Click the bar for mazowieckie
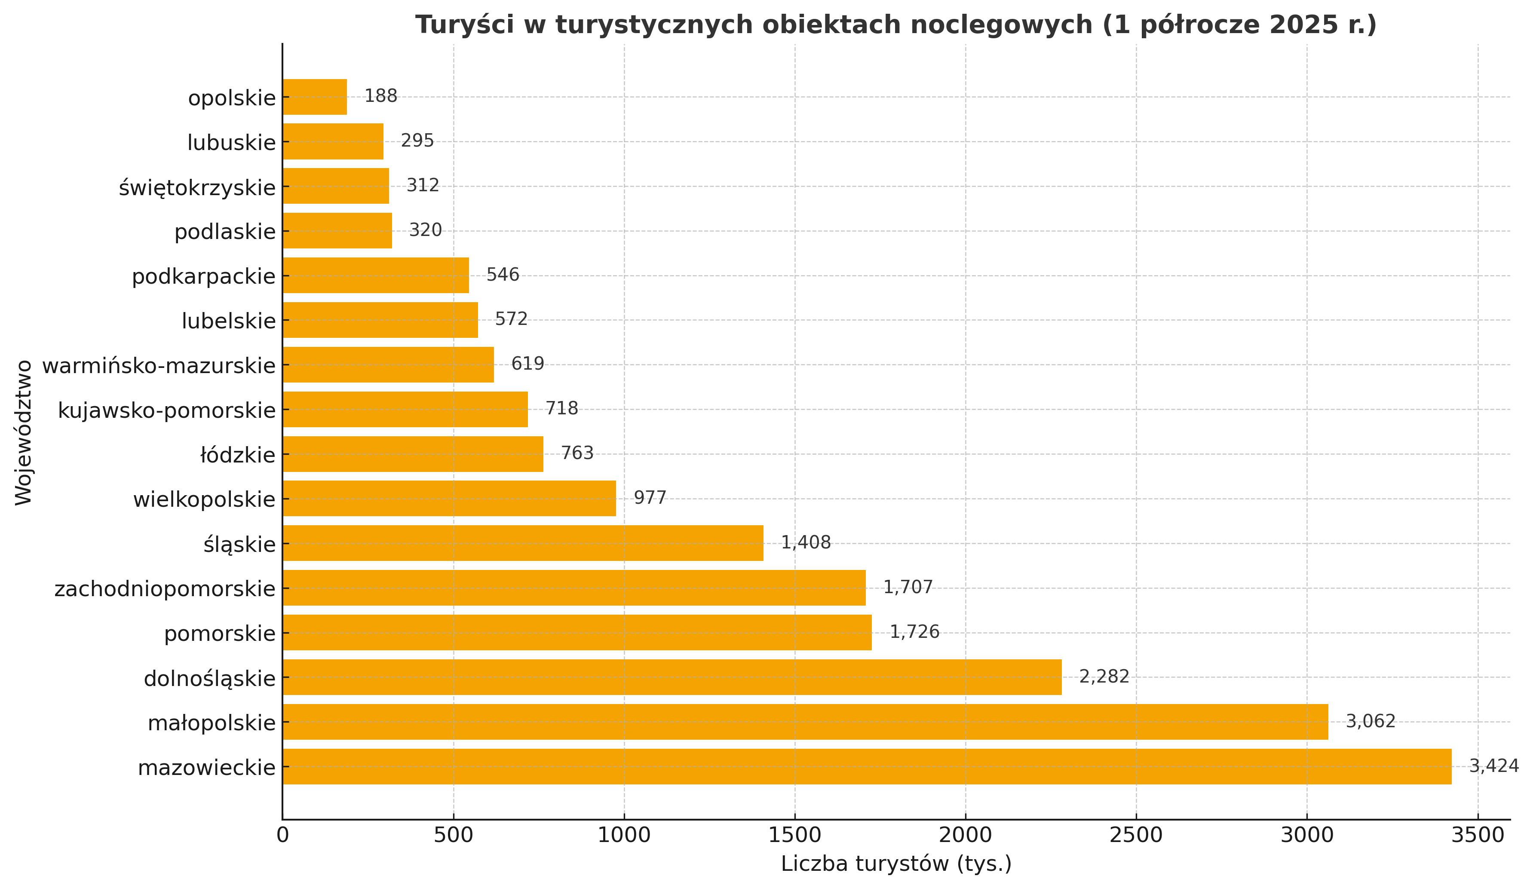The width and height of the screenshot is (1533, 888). pyautogui.click(x=866, y=766)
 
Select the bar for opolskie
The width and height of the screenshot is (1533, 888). pyautogui.click(x=315, y=97)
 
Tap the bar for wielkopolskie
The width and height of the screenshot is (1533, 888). pyautogui.click(x=449, y=499)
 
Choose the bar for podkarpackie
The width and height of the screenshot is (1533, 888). pyautogui.click(x=375, y=276)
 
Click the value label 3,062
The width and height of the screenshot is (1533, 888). pyautogui.click(x=1370, y=721)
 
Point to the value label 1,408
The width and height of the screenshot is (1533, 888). pyautogui.click(x=806, y=542)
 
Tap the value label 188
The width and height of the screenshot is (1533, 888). pyautogui.click(x=381, y=96)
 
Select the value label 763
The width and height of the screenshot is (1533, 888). pyautogui.click(x=576, y=453)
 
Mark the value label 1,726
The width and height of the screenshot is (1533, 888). pyautogui.click(x=914, y=632)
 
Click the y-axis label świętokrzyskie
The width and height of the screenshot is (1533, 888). pyautogui.click(x=197, y=187)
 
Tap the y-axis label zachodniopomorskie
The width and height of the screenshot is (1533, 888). pyautogui.click(x=165, y=589)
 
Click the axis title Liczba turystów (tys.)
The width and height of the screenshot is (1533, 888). pyautogui.click(x=896, y=864)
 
